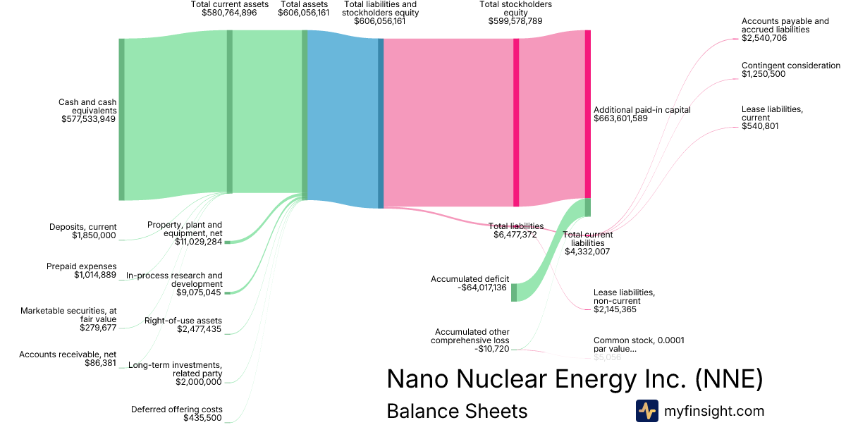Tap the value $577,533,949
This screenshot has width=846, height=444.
click(88, 119)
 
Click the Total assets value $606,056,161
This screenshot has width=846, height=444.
click(303, 13)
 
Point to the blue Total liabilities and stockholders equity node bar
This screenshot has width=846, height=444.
click(381, 123)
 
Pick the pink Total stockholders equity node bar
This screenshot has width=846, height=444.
click(516, 123)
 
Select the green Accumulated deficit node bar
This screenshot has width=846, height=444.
click(514, 292)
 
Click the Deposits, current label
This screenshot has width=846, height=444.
click(82, 227)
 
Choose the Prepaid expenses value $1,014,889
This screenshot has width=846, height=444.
click(95, 275)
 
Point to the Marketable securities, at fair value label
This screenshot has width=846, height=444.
click(68, 315)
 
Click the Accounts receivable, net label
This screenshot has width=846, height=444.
click(68, 354)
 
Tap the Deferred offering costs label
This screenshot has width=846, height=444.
click(176, 409)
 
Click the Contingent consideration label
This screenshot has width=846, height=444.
click(790, 66)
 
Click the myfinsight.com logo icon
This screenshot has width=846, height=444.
click(646, 411)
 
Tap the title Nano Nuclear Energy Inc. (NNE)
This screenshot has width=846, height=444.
click(575, 379)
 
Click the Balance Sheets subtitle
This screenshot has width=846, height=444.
click(457, 411)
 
